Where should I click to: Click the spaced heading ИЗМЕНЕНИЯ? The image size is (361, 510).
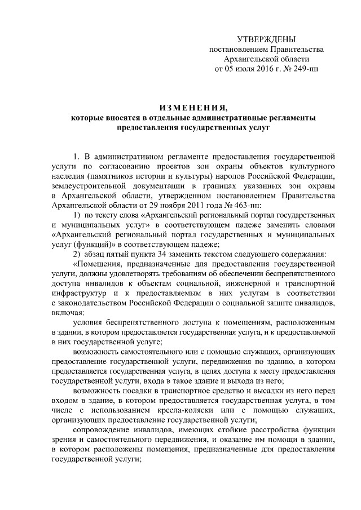(x=193, y=108)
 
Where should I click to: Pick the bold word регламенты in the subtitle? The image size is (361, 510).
(x=290, y=118)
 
